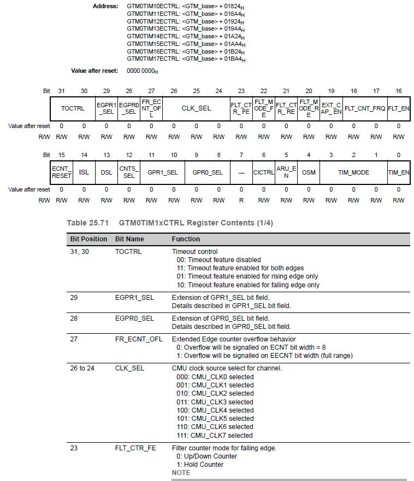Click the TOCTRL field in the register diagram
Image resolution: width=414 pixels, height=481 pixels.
[73, 108]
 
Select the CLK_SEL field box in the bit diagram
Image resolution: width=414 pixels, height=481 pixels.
[196, 108]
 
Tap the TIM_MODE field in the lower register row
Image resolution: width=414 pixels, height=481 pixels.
[353, 172]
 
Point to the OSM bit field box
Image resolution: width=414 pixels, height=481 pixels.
[309, 172]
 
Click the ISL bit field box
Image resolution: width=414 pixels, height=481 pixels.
[84, 172]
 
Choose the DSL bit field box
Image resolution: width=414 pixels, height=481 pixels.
[106, 172]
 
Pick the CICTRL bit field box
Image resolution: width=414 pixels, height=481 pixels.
[263, 172]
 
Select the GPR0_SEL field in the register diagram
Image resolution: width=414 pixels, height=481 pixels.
[208, 172]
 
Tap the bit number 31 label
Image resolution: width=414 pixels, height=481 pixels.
[61, 91]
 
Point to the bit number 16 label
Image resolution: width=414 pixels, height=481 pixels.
[399, 91]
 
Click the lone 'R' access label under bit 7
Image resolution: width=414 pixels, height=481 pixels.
[241, 200]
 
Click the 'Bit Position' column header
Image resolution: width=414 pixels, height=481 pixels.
[88, 239]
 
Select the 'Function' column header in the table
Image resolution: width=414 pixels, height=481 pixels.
[186, 239]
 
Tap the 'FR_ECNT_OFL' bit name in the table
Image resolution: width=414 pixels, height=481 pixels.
[139, 339]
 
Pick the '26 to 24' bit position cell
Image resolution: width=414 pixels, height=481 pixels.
[82, 368]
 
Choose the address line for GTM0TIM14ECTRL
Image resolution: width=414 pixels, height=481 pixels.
[186, 36]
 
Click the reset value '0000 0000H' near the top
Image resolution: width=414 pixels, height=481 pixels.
[143, 71]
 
